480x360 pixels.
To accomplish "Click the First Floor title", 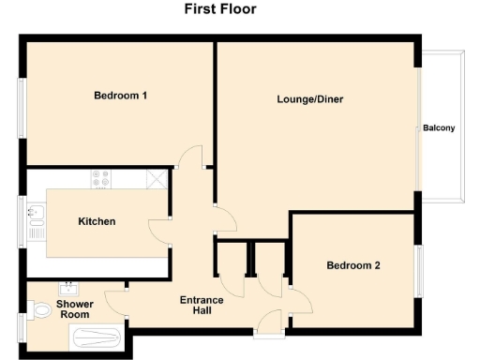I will [220, 9].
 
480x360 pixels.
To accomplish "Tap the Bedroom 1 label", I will [121, 96].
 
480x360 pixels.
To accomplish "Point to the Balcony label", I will [439, 128].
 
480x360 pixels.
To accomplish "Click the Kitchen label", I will [97, 221].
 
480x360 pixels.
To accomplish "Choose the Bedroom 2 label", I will [353, 265].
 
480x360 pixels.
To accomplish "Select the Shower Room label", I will [73, 310].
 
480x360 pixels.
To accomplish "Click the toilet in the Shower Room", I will [39, 309].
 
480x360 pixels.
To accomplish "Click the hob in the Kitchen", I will [101, 178].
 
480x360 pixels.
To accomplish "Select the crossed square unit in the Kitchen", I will [157, 178].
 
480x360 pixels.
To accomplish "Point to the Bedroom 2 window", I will [418, 272].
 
